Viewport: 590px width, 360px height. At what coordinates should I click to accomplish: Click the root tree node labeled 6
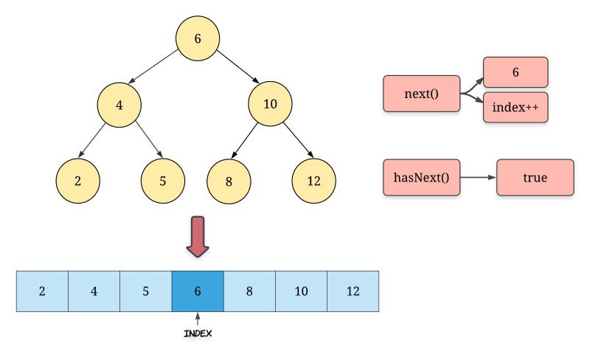[198, 38]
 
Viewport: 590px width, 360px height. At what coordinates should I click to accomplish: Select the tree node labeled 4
[119, 104]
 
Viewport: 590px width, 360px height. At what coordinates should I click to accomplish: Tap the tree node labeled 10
[270, 103]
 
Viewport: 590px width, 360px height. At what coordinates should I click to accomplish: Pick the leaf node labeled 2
[78, 180]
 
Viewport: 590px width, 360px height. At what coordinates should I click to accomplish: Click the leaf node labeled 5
[163, 180]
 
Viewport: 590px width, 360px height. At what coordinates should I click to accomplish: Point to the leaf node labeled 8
[229, 180]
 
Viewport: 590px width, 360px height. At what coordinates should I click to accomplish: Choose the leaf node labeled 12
[313, 180]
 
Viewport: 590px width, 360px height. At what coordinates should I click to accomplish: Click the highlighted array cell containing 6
[197, 291]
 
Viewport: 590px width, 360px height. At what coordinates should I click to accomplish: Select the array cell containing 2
[42, 291]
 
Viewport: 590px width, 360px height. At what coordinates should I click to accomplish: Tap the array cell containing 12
[353, 291]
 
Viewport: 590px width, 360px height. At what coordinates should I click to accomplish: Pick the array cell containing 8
[249, 291]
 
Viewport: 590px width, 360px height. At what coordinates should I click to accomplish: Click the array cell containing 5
[145, 291]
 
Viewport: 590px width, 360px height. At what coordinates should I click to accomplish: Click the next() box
[422, 94]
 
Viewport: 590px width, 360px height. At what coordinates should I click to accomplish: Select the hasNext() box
[422, 178]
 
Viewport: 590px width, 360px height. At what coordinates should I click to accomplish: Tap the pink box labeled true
[535, 178]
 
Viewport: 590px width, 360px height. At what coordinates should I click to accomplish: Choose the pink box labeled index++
[516, 108]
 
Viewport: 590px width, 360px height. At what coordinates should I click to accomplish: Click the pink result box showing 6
[516, 72]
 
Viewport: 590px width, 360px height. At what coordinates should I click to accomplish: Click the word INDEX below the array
[198, 333]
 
